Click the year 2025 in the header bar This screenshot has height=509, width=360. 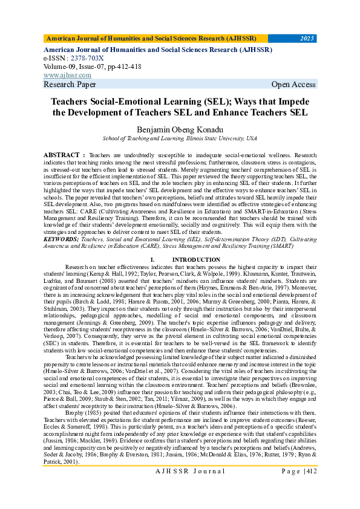click(x=307, y=39)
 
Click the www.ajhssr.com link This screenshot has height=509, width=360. click(x=67, y=75)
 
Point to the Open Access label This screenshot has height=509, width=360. click(x=293, y=85)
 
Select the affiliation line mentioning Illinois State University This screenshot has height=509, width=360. click(x=179, y=138)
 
